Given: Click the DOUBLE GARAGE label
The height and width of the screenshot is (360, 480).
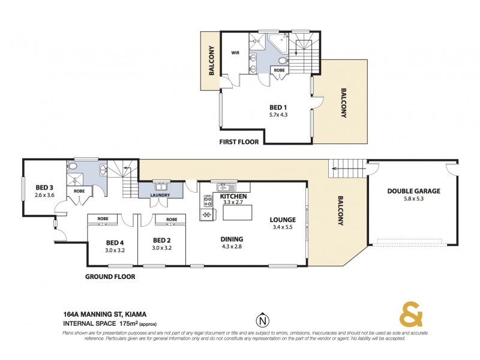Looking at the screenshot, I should (x=413, y=191).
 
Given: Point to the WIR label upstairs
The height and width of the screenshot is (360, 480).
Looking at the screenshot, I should (x=236, y=52).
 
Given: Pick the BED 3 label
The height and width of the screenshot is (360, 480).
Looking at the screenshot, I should (x=44, y=187).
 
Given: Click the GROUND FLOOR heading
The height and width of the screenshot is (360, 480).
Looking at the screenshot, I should (x=110, y=277).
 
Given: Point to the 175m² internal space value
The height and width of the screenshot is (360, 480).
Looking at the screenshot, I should (x=127, y=324).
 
